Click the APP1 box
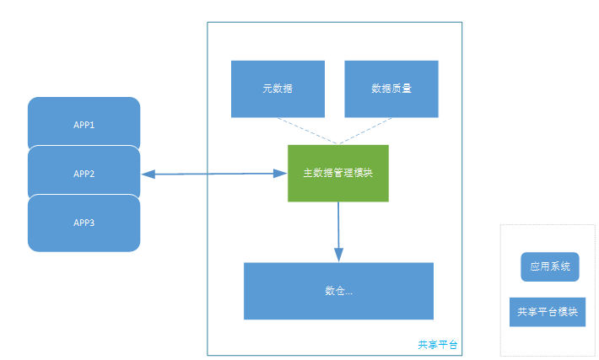[84, 124]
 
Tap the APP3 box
[84, 223]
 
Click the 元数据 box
[278, 89]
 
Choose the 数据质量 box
[391, 89]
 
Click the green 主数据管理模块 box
[337, 173]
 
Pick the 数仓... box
[338, 291]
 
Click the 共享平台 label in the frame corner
[438, 345]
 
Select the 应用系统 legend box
[550, 267]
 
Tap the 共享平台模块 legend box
[548, 312]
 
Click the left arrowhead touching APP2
[148, 174]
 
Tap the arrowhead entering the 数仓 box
[338, 255]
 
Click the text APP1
[84, 125]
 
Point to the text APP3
[84, 223]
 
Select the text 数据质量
[391, 89]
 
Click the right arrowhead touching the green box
[281, 174]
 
